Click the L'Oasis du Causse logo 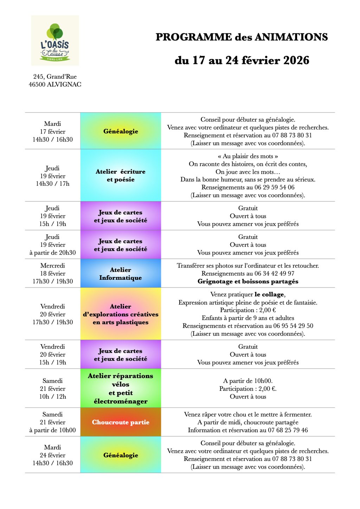[55, 40]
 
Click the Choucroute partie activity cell [121, 422]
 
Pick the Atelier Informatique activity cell [121, 273]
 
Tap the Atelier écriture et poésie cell [121, 175]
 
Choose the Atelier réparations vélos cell [121, 388]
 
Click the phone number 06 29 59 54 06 [275, 187]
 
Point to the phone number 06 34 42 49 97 [275, 273]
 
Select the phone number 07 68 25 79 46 [288, 430]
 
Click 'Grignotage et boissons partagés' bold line [248, 281]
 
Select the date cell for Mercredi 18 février [53, 273]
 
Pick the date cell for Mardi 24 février [53, 455]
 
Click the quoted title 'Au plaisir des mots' [248, 156]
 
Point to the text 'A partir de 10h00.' [248, 381]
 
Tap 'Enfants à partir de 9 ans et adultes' [248, 318]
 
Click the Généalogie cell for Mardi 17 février [121, 131]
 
